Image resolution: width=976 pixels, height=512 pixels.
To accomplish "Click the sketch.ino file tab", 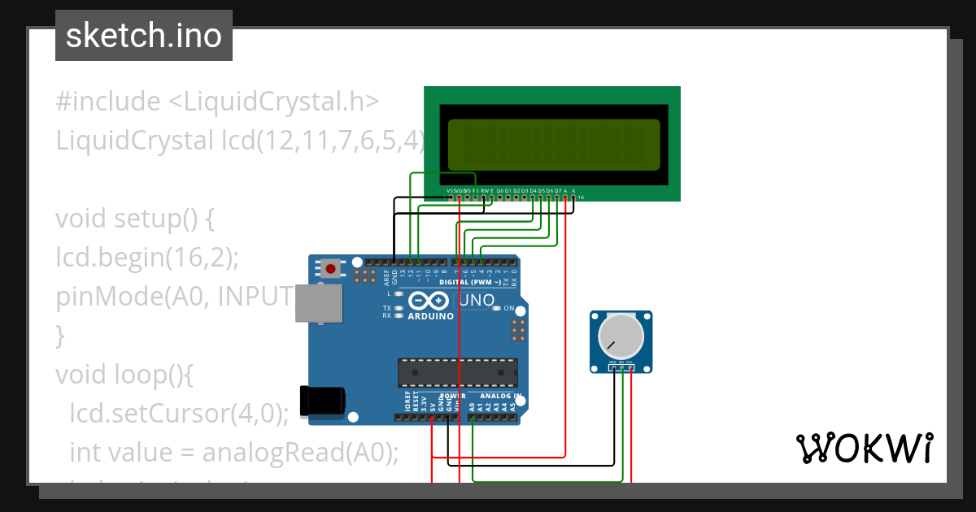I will click(x=144, y=36).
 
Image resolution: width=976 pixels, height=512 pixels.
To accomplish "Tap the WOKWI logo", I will click(x=864, y=448).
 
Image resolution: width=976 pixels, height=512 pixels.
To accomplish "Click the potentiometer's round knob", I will click(x=620, y=336).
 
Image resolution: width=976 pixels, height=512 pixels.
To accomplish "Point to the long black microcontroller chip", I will click(x=457, y=372).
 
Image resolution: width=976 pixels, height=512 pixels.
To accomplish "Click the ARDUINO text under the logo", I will click(x=430, y=316).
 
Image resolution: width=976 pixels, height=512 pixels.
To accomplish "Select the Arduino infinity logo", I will click(x=430, y=300).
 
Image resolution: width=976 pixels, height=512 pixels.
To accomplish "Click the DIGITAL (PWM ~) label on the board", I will click(x=464, y=282).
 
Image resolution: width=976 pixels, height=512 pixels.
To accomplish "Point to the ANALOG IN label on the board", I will click(x=495, y=397).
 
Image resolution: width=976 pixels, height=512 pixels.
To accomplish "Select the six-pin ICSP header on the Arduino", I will click(x=516, y=330).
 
